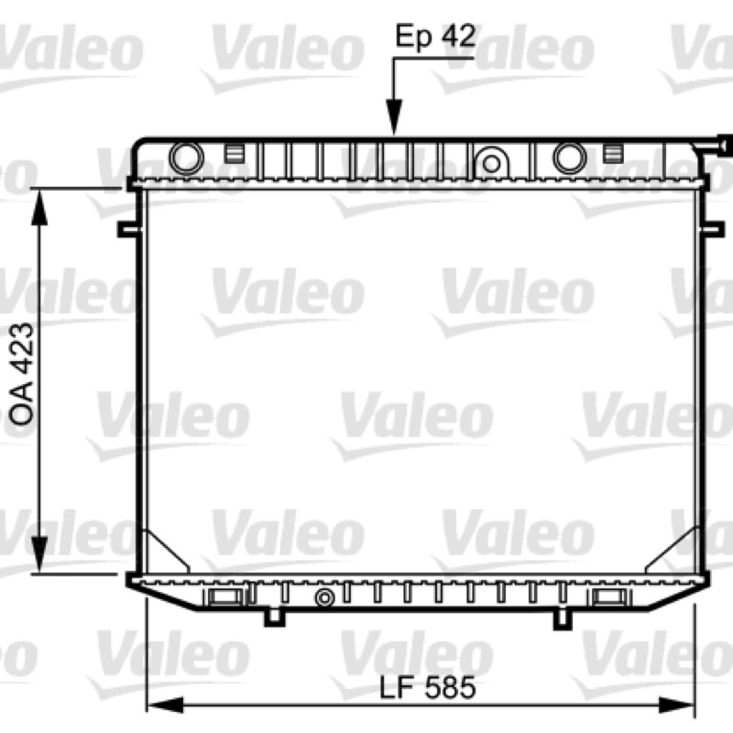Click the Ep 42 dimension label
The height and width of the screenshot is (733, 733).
[436, 37]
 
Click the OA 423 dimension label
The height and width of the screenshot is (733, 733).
[22, 374]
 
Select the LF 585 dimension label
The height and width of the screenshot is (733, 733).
[427, 688]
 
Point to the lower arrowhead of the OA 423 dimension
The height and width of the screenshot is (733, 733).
[39, 554]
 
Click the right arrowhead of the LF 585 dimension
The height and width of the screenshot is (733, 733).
[677, 706]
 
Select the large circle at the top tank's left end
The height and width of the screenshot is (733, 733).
[187, 158]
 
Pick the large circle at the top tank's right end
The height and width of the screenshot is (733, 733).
[570, 158]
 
